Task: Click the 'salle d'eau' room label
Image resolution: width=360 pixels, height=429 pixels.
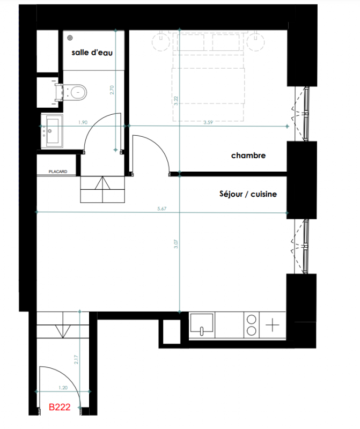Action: [x=92, y=52]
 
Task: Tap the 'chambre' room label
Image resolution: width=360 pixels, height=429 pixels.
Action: [x=248, y=156]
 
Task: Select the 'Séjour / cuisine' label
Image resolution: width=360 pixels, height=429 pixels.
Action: [x=248, y=194]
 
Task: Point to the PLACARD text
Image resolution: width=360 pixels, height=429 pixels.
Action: [x=58, y=172]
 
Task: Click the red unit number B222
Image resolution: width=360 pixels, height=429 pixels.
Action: [x=60, y=407]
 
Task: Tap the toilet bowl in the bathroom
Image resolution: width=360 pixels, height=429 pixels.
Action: [x=78, y=92]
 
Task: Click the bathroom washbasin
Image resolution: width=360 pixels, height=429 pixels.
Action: [x=52, y=131]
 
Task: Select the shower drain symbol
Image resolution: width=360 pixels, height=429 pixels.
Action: [x=70, y=38]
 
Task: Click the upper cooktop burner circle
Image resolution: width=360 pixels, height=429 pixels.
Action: [x=252, y=319]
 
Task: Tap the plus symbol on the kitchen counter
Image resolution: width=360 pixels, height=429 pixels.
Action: [x=273, y=325]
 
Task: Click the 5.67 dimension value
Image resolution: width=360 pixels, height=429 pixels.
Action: [x=162, y=209]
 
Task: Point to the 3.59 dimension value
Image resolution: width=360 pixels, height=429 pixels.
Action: [x=208, y=122]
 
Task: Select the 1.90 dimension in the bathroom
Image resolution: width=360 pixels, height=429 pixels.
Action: [x=83, y=122]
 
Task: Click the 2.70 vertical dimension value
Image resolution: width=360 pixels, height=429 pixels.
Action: [x=112, y=90]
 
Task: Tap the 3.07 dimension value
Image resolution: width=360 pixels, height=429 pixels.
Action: [x=176, y=244]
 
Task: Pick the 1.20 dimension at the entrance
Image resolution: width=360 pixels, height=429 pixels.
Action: [x=63, y=388]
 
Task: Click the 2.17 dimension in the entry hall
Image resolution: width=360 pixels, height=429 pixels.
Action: [x=76, y=359]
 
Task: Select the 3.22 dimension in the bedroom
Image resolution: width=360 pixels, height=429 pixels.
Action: [x=176, y=101]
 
